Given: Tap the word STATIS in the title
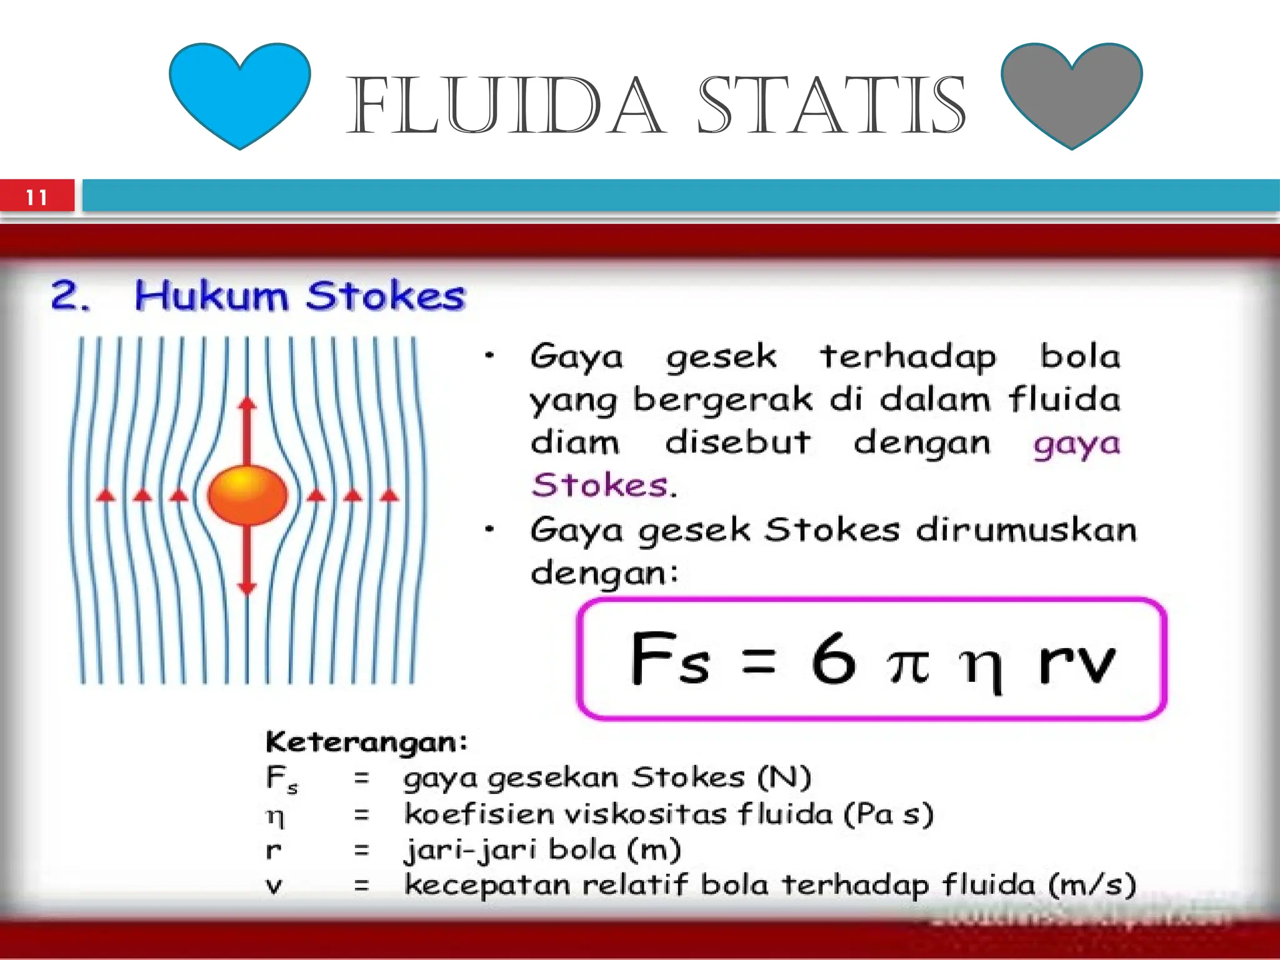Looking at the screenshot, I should pyautogui.click(x=831, y=106).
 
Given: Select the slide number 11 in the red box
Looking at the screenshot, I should pyautogui.click(x=37, y=197).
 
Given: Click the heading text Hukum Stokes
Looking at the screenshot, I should pyautogui.click(x=300, y=296).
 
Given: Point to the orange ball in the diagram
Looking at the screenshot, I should pyautogui.click(x=247, y=495).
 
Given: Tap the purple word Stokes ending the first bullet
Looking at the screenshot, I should pyautogui.click(x=600, y=485).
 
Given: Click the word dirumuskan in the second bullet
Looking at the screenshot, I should pyautogui.click(x=1026, y=530).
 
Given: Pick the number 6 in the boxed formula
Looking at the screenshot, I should pyautogui.click(x=833, y=659).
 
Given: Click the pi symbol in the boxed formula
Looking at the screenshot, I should pyautogui.click(x=908, y=664).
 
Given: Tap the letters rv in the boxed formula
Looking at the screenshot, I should pyautogui.click(x=1076, y=662).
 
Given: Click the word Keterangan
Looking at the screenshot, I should pyautogui.click(x=366, y=742).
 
